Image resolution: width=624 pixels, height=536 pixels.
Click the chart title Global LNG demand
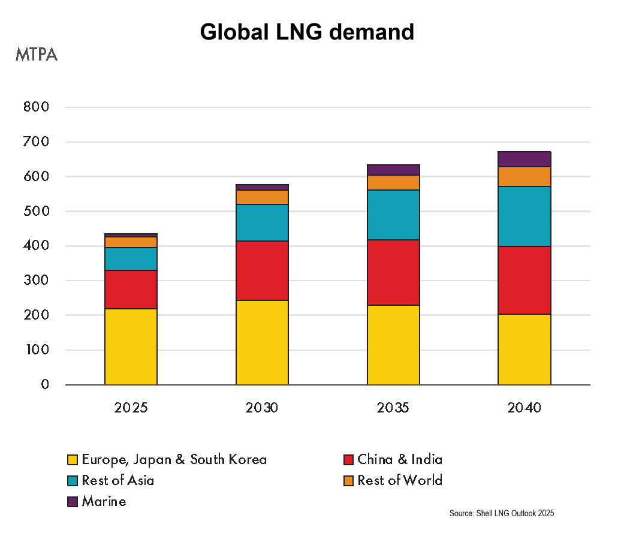(307, 32)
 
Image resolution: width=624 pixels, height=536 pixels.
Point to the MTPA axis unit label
(37, 55)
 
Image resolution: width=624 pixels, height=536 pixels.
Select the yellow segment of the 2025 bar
(131, 346)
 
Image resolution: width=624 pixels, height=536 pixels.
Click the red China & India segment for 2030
(262, 270)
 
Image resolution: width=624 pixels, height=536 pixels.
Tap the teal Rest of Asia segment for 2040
(524, 216)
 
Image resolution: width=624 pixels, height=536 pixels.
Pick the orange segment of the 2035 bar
(393, 182)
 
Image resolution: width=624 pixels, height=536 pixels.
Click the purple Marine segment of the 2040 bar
(524, 159)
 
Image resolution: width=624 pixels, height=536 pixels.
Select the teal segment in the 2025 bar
(131, 258)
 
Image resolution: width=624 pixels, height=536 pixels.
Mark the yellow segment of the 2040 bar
(524, 349)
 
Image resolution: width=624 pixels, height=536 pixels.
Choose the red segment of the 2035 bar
(393, 272)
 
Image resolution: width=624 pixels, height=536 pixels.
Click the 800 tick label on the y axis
(36, 107)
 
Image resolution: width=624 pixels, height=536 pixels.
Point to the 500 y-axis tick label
(36, 212)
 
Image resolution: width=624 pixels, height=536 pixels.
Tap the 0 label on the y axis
(44, 385)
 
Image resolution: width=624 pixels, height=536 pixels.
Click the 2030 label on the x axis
(262, 408)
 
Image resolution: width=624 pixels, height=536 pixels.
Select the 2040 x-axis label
(524, 408)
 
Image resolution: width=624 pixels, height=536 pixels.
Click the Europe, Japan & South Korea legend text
(174, 460)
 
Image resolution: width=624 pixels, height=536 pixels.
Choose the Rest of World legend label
(400, 480)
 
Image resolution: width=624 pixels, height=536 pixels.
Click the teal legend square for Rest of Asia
(73, 481)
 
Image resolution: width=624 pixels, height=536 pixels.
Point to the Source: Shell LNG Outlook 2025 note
(502, 514)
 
